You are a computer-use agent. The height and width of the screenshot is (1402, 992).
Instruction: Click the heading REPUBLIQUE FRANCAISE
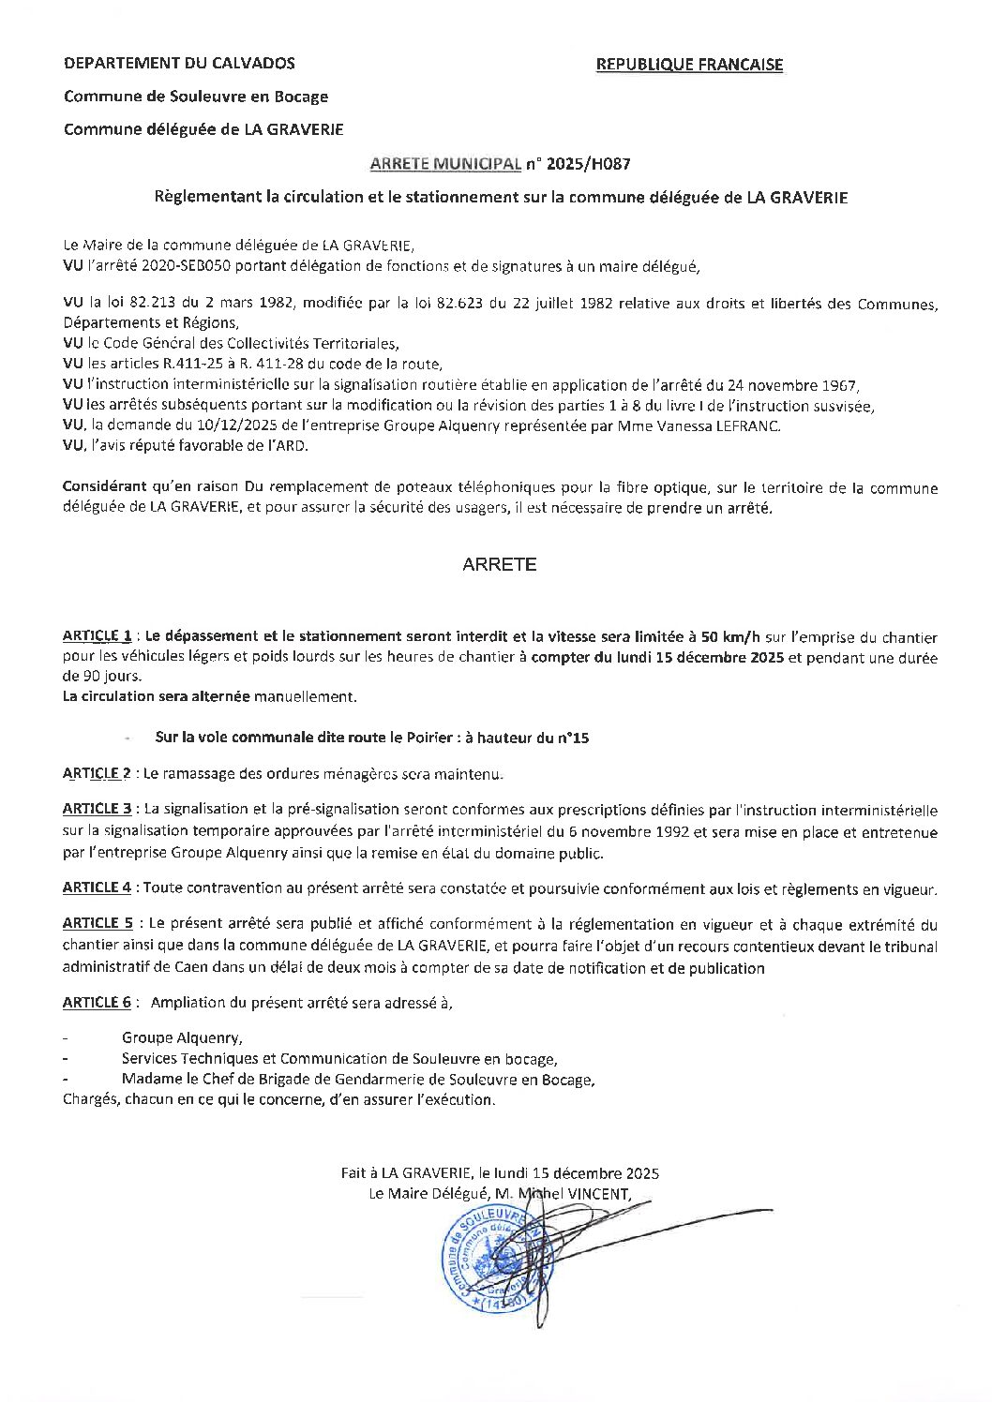pyautogui.click(x=689, y=64)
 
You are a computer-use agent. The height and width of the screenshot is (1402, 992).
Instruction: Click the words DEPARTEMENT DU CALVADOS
pyautogui.click(x=179, y=63)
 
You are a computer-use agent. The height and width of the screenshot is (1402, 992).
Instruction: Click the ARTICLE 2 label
pyautogui.click(x=97, y=774)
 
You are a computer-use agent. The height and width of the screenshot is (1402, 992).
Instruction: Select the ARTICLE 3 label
pyautogui.click(x=98, y=809)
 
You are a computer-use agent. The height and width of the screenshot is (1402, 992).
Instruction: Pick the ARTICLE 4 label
pyautogui.click(x=98, y=887)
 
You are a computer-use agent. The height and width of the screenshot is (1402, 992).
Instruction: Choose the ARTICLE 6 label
pyautogui.click(x=97, y=1002)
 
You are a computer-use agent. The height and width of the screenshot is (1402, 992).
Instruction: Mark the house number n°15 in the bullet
pyautogui.click(x=572, y=738)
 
